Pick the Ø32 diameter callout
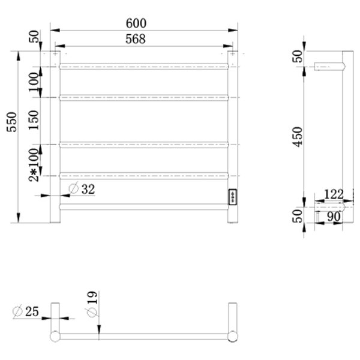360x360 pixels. click(x=82, y=189)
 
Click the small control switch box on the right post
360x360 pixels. click(x=232, y=197)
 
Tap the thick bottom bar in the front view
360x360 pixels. click(x=144, y=208)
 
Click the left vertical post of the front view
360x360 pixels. click(x=55, y=138)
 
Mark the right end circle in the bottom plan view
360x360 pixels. click(x=233, y=335)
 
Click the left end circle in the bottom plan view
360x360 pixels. click(x=55, y=335)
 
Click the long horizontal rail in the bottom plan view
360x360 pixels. click(x=144, y=335)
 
